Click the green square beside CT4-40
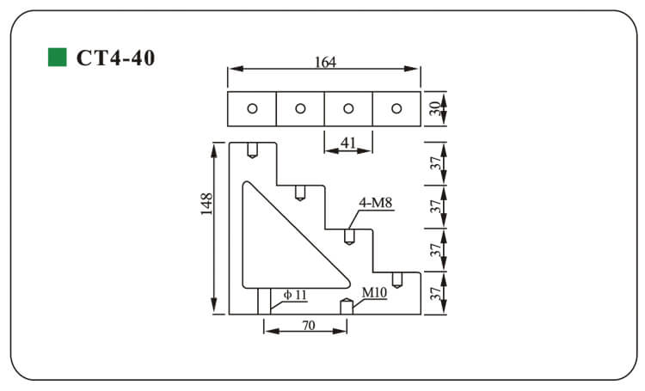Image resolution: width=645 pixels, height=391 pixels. coord(57,58)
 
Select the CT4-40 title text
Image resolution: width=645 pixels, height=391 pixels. coord(115,58)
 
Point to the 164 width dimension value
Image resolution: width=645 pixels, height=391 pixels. coord(324,62)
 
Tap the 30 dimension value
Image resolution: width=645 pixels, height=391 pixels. coord(436,108)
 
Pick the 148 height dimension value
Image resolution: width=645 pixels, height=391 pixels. coord(207,205)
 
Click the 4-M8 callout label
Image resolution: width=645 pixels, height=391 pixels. coord(376,204)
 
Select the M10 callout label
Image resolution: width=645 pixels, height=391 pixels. coord(374,293)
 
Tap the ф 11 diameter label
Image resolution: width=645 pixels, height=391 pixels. coord(295,295)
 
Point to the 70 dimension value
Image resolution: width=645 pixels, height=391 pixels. coord(307,327)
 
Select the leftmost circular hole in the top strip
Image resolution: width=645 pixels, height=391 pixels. coord(252,108)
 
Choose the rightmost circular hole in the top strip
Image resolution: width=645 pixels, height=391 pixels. coord(396,108)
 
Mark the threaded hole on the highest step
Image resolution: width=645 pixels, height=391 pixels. coord(252,150)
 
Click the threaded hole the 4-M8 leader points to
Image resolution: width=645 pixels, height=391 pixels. coord(349,235)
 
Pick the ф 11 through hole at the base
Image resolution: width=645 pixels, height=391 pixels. coord(264,301)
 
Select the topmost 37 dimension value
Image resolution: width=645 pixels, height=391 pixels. coord(436,162)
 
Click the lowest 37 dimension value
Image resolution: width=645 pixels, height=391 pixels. coord(436,293)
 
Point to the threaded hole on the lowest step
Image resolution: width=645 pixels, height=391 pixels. coord(397,279)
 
